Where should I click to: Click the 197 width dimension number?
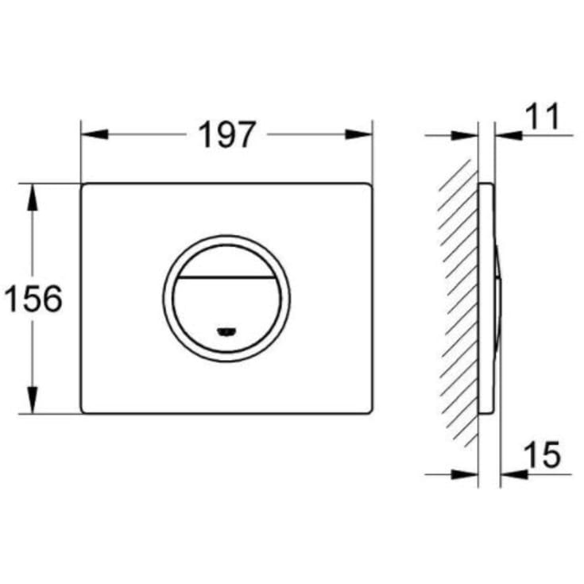226,134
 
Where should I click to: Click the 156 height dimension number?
33,298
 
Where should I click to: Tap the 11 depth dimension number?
543,116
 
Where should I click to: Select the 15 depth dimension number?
542,454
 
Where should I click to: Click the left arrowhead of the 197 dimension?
95,134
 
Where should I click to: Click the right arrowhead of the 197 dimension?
358,134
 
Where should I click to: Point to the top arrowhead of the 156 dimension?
33,197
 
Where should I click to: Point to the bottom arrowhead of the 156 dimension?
33,400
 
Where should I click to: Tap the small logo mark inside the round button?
226,331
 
